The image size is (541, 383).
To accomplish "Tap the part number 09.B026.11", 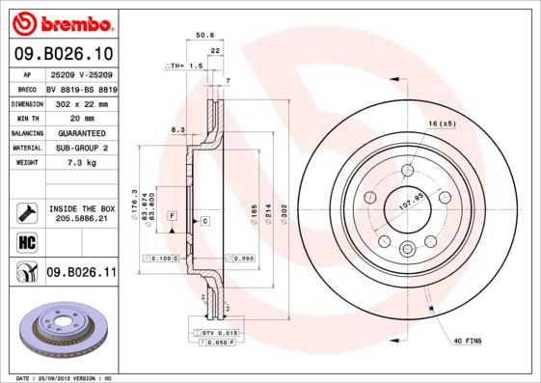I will point(81,273).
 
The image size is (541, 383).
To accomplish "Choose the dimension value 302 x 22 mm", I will point(80,102).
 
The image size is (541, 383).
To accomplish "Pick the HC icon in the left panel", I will point(25,240).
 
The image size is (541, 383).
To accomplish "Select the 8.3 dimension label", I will point(177,128).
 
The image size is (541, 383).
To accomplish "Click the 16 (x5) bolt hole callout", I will point(443,123).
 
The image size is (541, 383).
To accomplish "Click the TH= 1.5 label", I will point(185,66).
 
